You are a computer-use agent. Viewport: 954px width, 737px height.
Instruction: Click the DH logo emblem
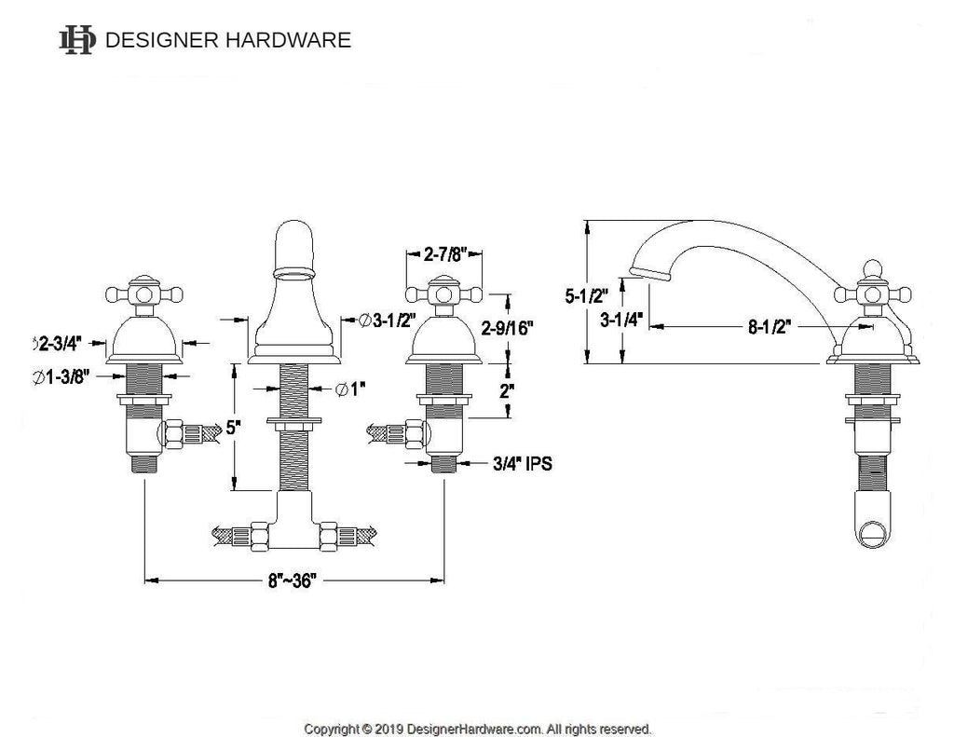77,40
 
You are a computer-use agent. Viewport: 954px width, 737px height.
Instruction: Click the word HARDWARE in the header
289,40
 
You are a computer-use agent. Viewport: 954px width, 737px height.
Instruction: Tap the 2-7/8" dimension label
444,253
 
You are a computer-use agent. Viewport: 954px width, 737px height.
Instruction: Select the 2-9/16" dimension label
508,328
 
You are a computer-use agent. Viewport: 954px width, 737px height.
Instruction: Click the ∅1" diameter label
351,389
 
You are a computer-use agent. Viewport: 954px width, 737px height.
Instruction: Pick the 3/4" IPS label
523,464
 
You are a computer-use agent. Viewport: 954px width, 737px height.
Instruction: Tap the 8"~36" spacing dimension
293,580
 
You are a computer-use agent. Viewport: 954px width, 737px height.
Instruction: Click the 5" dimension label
233,428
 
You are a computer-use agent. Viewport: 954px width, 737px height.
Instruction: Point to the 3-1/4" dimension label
621,320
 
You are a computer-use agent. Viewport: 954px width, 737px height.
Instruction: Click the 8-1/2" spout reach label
770,327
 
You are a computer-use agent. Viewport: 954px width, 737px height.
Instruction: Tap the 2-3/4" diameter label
59,345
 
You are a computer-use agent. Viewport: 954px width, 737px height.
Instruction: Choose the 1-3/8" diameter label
61,377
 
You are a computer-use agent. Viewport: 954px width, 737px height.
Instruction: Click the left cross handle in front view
144,295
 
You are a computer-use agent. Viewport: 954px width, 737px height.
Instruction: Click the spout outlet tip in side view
649,273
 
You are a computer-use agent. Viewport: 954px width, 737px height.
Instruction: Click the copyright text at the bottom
478,729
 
